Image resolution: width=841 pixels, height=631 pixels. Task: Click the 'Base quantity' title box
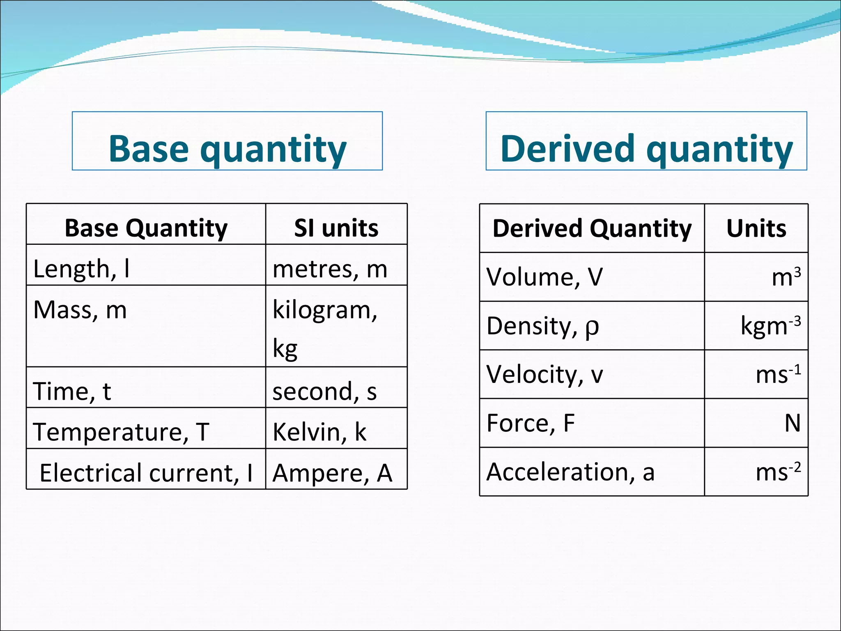pos(227,141)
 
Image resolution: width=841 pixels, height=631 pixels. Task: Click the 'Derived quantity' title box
pos(646,141)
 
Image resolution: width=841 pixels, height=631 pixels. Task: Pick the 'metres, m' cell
pos(330,269)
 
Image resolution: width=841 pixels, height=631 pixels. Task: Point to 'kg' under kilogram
pos(285,349)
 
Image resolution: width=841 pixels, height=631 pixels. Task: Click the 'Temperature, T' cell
pos(121,431)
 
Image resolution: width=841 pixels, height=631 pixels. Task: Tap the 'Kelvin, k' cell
pos(319,431)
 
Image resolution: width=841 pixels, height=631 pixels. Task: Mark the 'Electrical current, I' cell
pos(146,472)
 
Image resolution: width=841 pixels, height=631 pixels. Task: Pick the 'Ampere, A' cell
pos(332,472)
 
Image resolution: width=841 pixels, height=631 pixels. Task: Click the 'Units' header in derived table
pos(756,228)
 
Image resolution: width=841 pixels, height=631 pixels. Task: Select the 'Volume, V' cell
pos(545,276)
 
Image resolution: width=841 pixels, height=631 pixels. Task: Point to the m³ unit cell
pos(786,276)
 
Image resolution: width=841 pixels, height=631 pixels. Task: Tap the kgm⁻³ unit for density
pos(770,325)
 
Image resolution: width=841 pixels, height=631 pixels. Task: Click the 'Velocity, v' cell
pos(545,374)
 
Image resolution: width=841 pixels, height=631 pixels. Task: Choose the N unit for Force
pos(792,423)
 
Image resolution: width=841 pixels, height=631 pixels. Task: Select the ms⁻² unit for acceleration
pos(778,472)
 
